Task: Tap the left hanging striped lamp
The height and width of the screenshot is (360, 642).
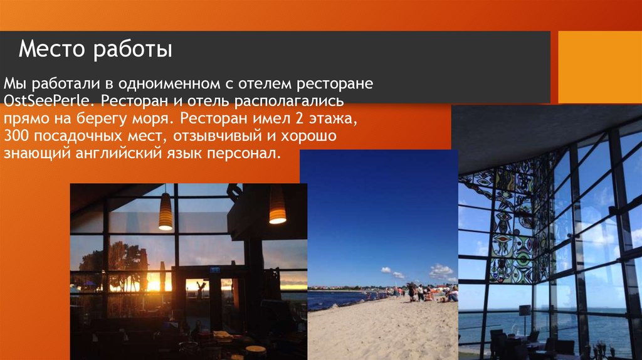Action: coord(166,211)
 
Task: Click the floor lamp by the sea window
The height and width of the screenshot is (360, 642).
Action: coord(525,312)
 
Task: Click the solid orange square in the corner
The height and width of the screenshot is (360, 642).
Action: coord(599,67)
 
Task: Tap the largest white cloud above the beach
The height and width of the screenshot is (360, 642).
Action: coord(441,271)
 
